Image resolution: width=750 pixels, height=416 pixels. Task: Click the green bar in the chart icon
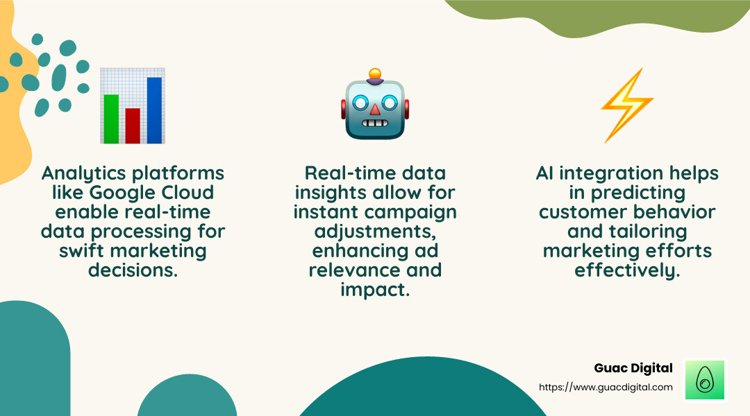point(111,118)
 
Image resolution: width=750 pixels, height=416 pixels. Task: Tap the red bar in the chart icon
point(133,125)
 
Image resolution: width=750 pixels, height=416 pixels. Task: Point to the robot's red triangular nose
point(375,110)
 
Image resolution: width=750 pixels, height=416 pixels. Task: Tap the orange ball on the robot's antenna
point(375,73)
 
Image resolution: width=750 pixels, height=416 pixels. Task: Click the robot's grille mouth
point(375,124)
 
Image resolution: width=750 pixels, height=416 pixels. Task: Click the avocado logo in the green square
point(705,380)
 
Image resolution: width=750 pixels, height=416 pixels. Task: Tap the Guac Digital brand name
point(633,368)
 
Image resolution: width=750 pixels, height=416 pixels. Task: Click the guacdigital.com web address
point(606,387)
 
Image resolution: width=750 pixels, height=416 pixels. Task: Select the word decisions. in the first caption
point(133,270)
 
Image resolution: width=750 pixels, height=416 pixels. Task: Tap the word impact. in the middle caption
point(375,289)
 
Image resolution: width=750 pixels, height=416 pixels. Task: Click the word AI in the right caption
point(544,173)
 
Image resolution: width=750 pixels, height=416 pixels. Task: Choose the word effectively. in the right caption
point(627,270)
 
